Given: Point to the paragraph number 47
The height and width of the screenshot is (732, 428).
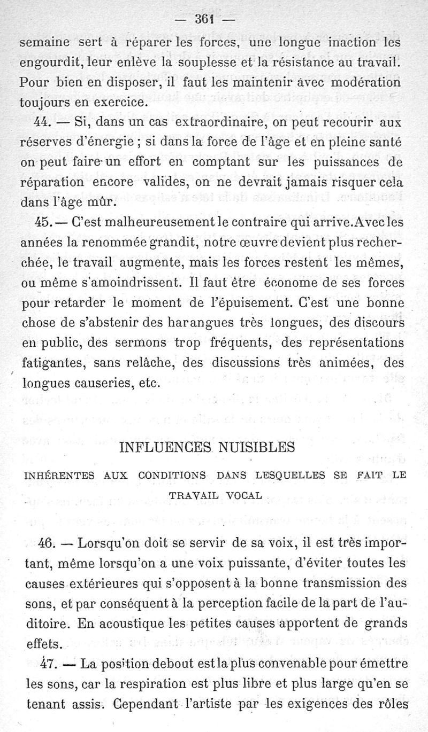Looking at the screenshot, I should pyautogui.click(x=48, y=665).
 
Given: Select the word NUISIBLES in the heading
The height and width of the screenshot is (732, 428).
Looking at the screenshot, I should pyautogui.click(x=258, y=446).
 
